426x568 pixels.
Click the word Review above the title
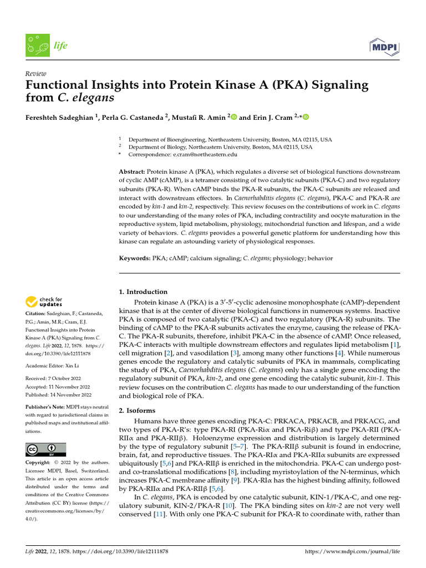pos(35,74)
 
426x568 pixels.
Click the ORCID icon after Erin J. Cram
pos(305,116)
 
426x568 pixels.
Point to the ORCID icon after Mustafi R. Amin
pos(233,116)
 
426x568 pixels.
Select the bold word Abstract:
pos(132,172)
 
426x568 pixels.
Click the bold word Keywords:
pos(135,258)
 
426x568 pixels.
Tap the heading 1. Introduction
pos(144,292)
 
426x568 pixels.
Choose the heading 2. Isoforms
pos(138,410)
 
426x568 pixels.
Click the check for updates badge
pos(44,302)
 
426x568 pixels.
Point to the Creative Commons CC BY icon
pos(45,449)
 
